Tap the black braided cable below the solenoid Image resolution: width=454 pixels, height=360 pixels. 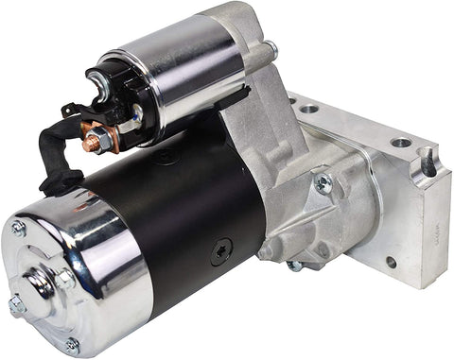59,155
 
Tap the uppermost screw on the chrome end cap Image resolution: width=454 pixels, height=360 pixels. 19,228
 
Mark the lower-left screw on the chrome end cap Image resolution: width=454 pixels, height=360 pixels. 16,304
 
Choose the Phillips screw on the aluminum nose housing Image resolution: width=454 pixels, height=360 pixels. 323,183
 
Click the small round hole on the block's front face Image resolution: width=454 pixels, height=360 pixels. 391,262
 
